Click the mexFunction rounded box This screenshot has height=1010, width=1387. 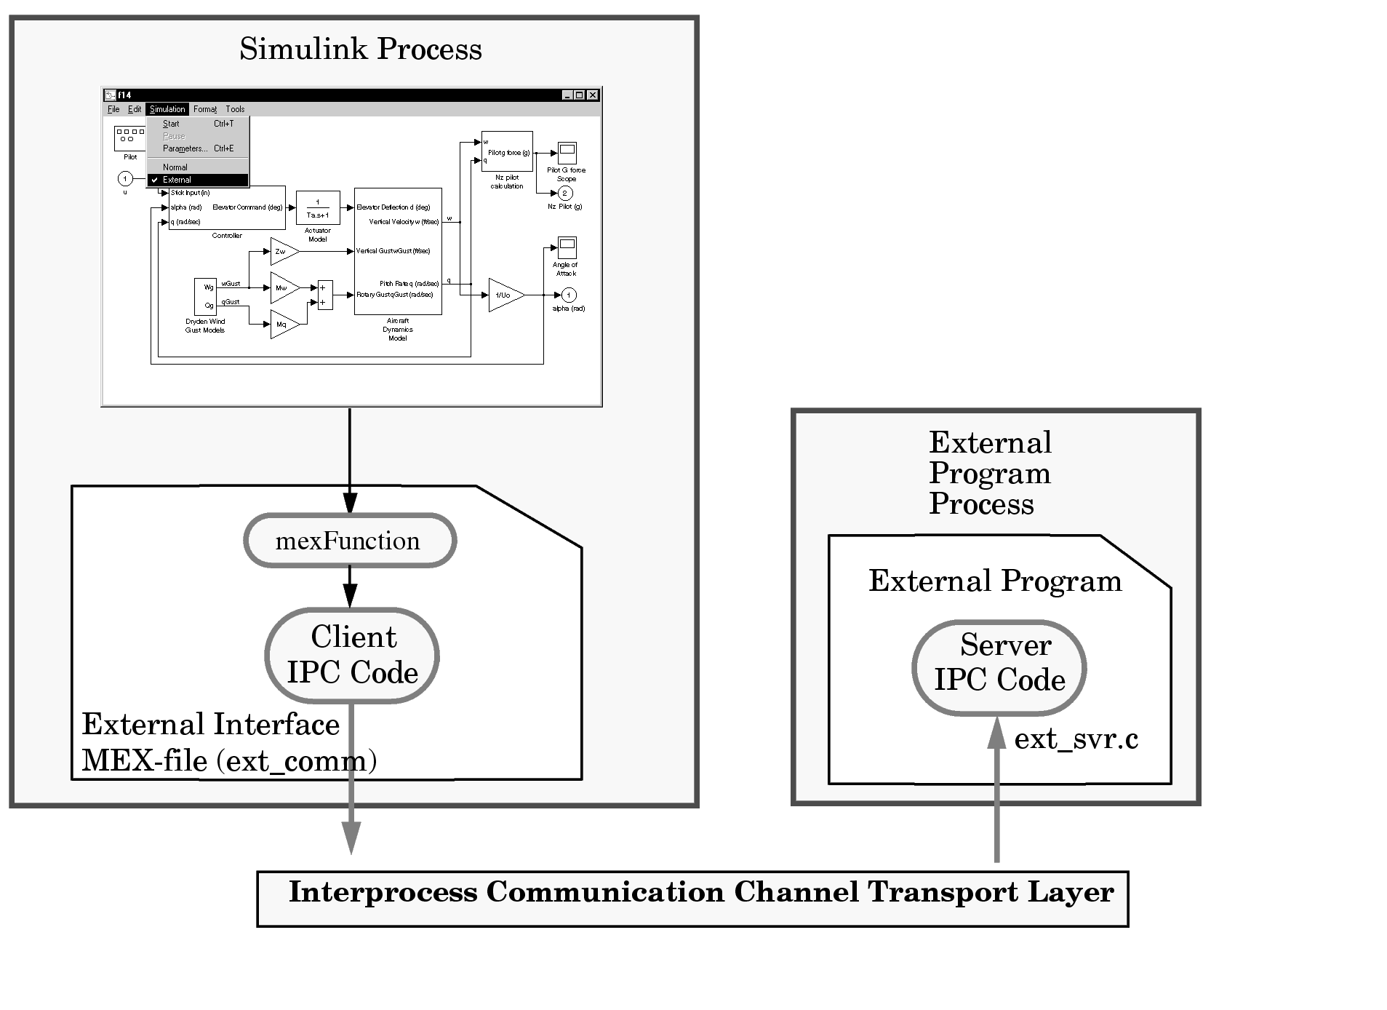click(x=349, y=541)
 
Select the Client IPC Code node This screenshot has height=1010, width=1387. click(x=352, y=655)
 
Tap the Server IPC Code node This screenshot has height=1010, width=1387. click(x=999, y=667)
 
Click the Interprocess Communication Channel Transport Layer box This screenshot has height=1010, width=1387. click(x=692, y=899)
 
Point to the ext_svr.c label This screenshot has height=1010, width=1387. click(x=1076, y=739)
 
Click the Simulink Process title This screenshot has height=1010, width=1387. click(x=361, y=49)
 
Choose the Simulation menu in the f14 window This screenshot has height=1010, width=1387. click(x=167, y=109)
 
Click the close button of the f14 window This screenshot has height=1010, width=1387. click(x=593, y=95)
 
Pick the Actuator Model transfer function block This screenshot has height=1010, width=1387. click(x=318, y=208)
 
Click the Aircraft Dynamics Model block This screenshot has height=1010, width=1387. click(x=398, y=251)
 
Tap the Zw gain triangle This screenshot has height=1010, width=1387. click(x=283, y=251)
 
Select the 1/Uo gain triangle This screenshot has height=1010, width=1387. click(x=505, y=295)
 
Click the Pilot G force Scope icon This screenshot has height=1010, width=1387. click(x=567, y=153)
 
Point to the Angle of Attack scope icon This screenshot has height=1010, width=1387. click(x=567, y=247)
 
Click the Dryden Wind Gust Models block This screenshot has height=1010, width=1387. click(x=205, y=296)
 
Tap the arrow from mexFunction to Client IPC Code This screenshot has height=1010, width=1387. click(x=350, y=586)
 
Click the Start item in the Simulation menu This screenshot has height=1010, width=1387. click(x=172, y=124)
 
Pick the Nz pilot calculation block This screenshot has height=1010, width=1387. click(x=507, y=151)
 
